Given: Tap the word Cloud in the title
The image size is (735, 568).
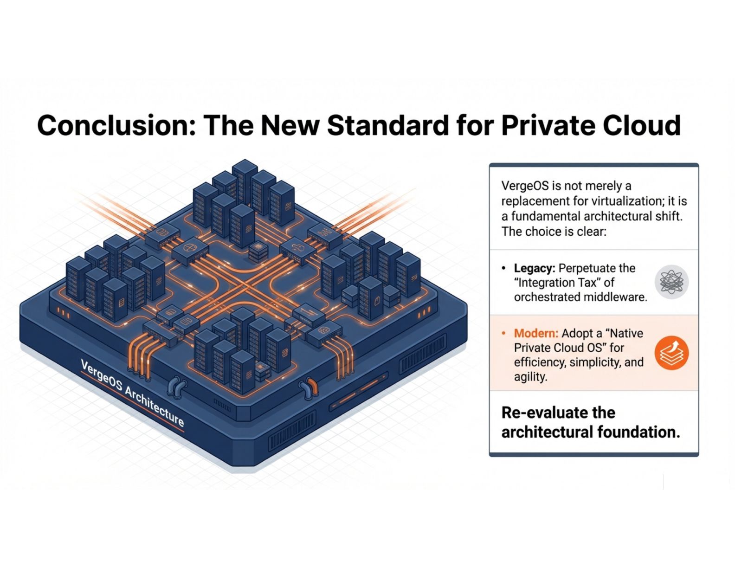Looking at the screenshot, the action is [642, 125].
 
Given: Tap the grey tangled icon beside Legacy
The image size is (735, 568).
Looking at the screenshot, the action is [671, 282].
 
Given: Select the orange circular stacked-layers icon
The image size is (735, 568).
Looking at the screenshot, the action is [671, 353].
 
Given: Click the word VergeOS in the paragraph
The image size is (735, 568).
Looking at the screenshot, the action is [525, 186].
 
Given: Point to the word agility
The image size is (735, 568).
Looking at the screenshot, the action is [530, 377].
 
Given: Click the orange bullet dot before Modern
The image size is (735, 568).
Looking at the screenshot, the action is [504, 333].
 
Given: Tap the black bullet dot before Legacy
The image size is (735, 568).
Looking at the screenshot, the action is [504, 268].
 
